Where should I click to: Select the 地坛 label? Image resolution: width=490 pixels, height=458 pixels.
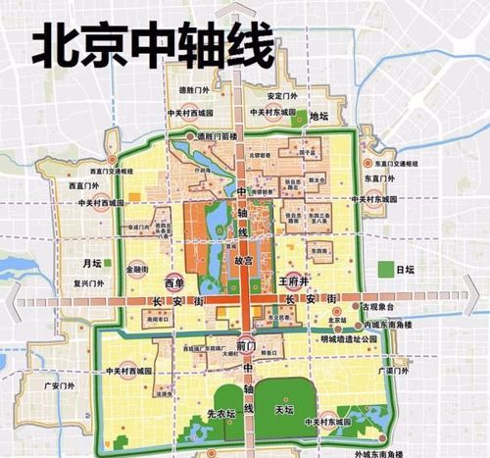318,117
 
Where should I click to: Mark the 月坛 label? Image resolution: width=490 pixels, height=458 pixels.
92,263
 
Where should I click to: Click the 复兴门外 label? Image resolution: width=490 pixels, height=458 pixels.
88,283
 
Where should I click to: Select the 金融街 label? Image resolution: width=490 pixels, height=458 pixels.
137,267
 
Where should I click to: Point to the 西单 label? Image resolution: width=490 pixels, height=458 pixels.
173,280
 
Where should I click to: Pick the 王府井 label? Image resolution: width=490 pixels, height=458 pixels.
294,280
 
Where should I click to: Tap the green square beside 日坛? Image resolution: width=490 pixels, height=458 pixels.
383,268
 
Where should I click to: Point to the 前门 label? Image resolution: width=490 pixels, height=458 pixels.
246,346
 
